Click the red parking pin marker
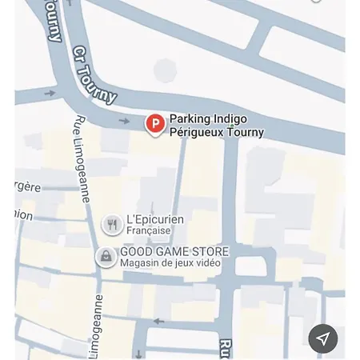(x=154, y=123)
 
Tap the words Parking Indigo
(x=208, y=119)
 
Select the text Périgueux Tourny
(x=216, y=132)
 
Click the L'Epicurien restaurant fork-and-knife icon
(x=113, y=225)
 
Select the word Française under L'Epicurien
(x=148, y=231)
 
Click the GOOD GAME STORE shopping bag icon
(x=106, y=257)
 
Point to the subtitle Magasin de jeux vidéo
(x=170, y=263)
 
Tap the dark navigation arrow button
(x=323, y=338)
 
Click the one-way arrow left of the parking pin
(x=124, y=121)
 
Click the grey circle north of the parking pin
(x=165, y=70)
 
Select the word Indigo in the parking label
(x=230, y=119)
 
